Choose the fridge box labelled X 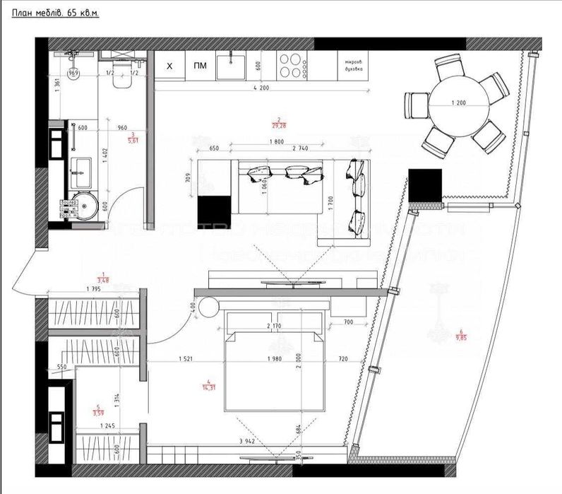169,67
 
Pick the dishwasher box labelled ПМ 200,67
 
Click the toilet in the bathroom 121,80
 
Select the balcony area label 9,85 460,336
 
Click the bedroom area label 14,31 208,385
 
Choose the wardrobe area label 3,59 98,410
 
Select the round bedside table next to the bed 209,307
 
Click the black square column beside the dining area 425,185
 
